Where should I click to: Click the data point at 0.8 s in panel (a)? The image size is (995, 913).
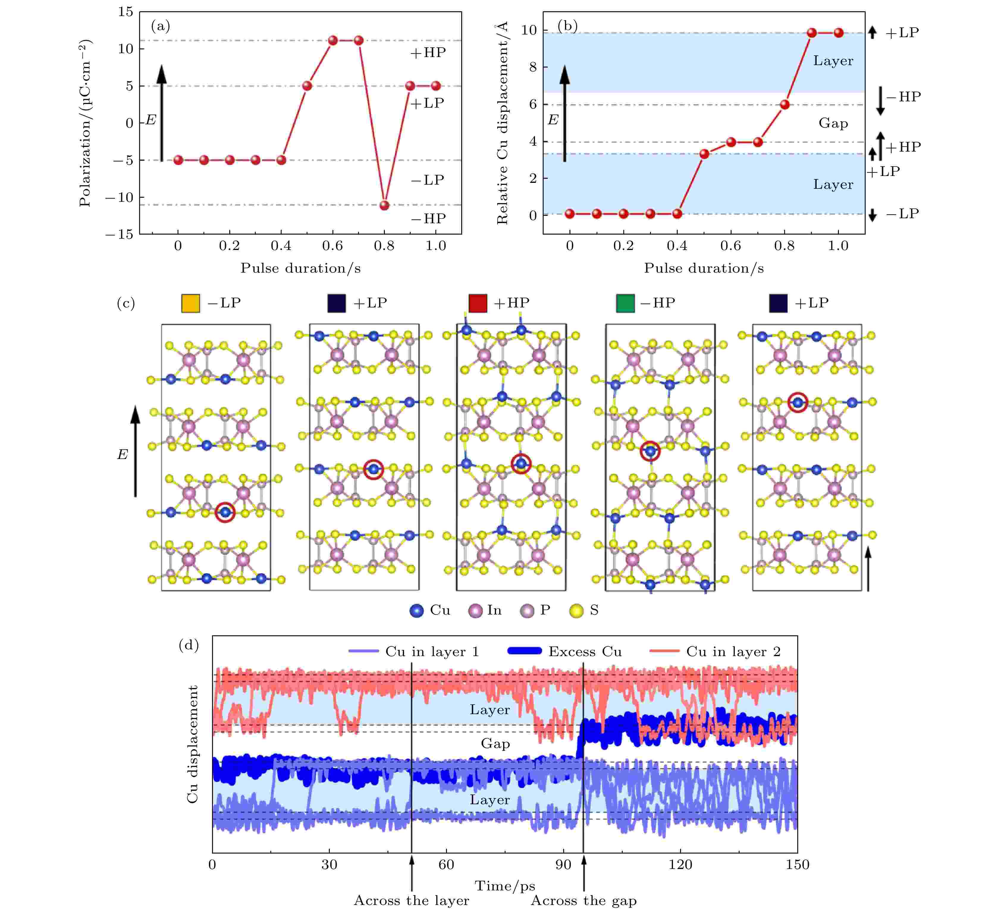(x=384, y=205)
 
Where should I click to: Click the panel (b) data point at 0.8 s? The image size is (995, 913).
(x=784, y=105)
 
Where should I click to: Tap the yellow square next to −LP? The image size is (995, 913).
(x=191, y=303)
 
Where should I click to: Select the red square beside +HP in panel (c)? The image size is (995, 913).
(x=478, y=303)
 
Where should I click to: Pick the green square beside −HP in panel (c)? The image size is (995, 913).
(x=625, y=303)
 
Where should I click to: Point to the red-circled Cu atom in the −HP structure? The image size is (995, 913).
(x=651, y=451)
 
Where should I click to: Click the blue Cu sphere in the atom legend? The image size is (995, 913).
(x=417, y=611)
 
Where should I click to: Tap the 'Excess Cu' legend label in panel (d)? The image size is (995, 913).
(x=585, y=652)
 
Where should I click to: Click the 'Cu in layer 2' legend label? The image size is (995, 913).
(x=733, y=652)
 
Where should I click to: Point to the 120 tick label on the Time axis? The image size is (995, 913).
(x=680, y=865)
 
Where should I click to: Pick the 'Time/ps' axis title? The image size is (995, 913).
(x=504, y=886)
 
